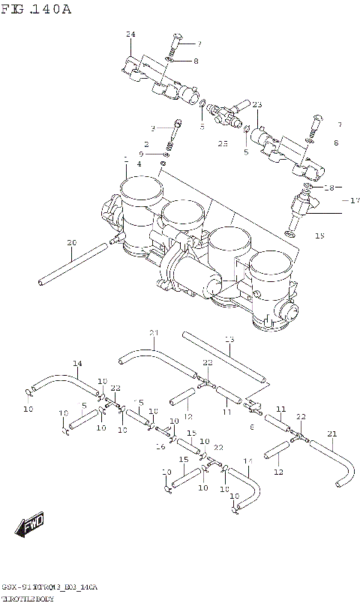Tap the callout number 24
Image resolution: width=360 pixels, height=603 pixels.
pyautogui.click(x=130, y=35)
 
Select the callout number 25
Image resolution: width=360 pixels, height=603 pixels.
pyautogui.click(x=223, y=142)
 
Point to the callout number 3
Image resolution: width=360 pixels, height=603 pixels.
pyautogui.click(x=152, y=127)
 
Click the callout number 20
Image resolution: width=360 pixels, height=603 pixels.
pyautogui.click(x=71, y=242)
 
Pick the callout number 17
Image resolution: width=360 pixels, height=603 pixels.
pyautogui.click(x=355, y=200)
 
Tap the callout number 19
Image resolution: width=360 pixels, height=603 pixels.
pyautogui.click(x=319, y=235)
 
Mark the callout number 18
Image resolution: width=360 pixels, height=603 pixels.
pyautogui.click(x=328, y=187)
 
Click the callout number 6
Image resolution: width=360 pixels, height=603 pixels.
pyautogui.click(x=252, y=426)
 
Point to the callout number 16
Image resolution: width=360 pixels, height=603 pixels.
pyautogui.click(x=160, y=446)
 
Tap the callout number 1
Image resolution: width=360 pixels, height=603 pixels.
pyautogui.click(x=125, y=158)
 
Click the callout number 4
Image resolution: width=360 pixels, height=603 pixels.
pyautogui.click(x=139, y=163)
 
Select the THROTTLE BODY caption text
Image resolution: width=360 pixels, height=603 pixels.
pyautogui.click(x=27, y=597)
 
